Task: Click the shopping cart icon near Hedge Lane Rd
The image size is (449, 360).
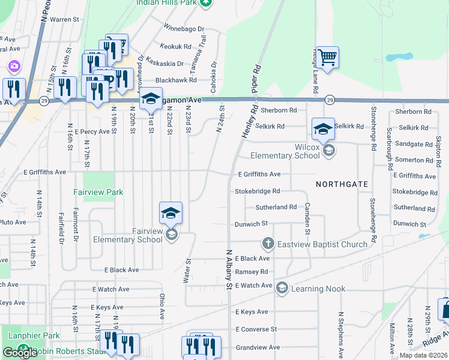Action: (327, 58)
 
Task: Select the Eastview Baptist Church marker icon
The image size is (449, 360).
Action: (268, 244)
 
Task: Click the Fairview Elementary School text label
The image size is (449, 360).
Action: (128, 235)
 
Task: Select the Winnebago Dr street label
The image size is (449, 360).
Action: (184, 28)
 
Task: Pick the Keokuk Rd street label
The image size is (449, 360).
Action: (175, 46)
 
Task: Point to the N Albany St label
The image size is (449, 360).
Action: (229, 270)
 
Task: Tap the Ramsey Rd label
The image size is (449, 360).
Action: (252, 272)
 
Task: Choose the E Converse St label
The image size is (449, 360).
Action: (256, 329)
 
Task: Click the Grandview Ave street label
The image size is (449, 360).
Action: (258, 347)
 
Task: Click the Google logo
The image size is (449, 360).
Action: (20, 353)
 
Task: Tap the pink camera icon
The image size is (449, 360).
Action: (13, 65)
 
